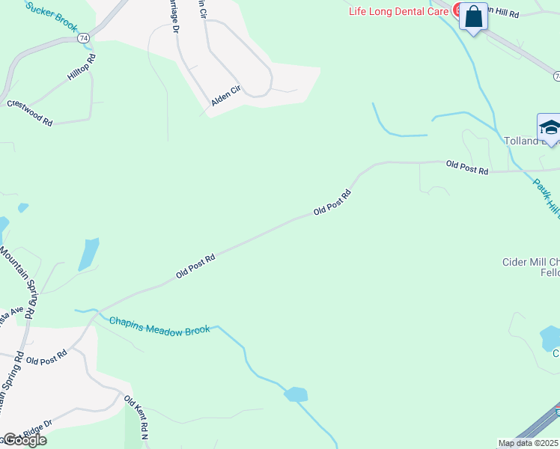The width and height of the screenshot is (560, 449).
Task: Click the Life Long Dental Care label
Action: click(x=399, y=11)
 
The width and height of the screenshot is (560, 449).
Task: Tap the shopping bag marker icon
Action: click(x=473, y=16)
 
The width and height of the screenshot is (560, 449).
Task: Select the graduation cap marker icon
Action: click(x=550, y=127)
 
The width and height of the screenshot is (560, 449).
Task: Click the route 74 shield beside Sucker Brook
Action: click(x=83, y=37)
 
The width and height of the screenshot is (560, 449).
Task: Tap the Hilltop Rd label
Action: click(x=82, y=68)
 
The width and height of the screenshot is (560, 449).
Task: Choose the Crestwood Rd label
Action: click(x=29, y=112)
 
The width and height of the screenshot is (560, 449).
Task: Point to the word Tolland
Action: click(x=521, y=141)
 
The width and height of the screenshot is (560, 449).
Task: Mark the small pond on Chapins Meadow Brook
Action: click(x=296, y=394)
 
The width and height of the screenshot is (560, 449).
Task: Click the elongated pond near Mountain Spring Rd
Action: click(x=88, y=254)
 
